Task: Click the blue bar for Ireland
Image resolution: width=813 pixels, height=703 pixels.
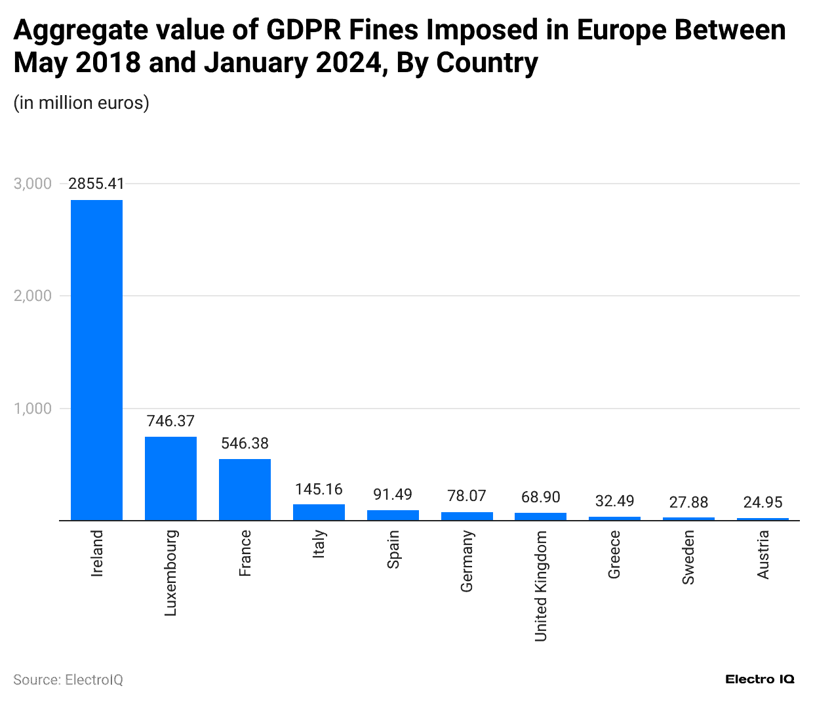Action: [x=96, y=360]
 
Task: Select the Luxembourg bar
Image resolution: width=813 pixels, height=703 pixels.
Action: [x=170, y=479]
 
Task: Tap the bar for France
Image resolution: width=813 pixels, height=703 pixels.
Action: [x=245, y=490]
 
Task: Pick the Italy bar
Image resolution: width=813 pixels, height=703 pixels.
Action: [x=319, y=512]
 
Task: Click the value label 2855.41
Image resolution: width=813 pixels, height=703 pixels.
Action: [x=96, y=184]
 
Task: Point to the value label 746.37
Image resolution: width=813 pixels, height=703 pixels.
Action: [x=170, y=421]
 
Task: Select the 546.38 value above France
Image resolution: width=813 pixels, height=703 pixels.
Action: [x=245, y=443]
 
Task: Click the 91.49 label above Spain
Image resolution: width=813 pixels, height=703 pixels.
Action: [x=393, y=494]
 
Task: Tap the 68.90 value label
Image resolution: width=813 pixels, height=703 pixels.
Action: [x=540, y=497]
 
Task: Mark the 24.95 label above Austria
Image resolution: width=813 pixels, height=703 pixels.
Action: [x=763, y=502]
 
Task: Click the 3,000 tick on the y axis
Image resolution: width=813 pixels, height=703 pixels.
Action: [x=33, y=184]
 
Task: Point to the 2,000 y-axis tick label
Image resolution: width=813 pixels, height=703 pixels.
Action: [x=33, y=296]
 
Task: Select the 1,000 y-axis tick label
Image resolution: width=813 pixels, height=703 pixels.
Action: [x=33, y=409]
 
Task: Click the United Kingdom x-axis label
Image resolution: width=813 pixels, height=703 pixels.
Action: [x=540, y=586]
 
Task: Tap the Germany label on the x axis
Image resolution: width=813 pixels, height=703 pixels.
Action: [x=467, y=561]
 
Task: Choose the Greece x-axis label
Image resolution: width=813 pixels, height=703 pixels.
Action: [x=614, y=555]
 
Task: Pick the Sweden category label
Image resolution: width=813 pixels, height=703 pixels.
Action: [x=688, y=557]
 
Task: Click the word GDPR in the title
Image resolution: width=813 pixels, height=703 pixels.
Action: [x=304, y=30]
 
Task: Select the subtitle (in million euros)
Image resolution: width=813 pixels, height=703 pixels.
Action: [x=81, y=103]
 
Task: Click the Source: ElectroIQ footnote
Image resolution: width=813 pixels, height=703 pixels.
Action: [x=68, y=679]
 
